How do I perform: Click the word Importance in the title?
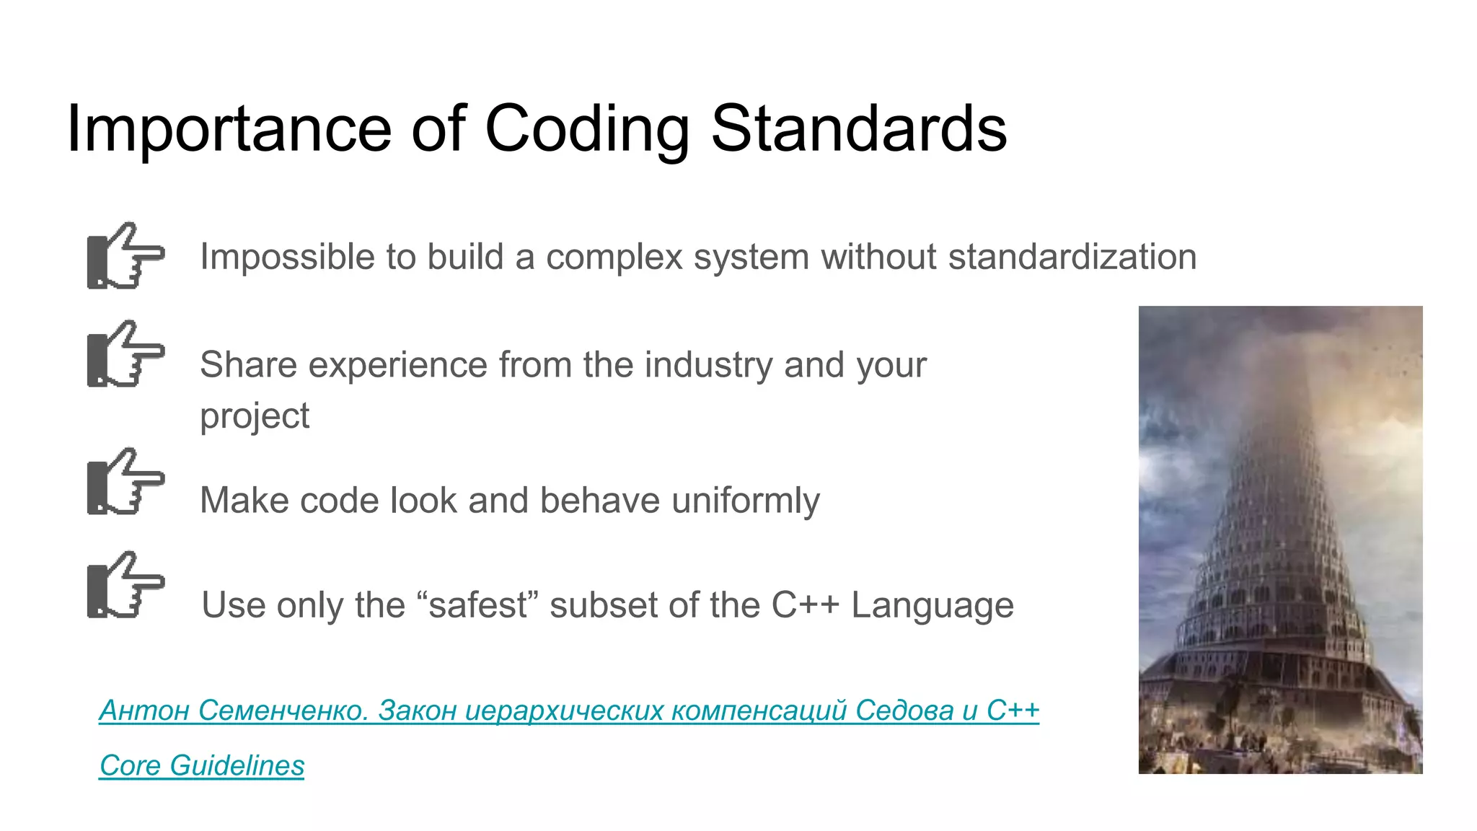tap(229, 130)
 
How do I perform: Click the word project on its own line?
tap(254, 417)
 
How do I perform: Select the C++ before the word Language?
tap(805, 605)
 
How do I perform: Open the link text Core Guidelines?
tap(202, 765)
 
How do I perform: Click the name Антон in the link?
tap(144, 711)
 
